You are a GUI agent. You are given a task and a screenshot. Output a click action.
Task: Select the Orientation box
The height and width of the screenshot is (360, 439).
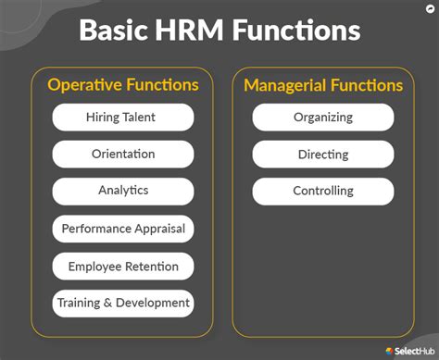point(123,154)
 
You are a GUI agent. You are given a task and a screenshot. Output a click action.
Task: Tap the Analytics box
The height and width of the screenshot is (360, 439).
point(123,191)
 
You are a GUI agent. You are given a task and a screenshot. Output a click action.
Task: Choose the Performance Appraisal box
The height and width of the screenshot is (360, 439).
point(123,229)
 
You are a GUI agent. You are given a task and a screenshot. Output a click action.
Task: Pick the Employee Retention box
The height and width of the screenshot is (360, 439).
point(123,267)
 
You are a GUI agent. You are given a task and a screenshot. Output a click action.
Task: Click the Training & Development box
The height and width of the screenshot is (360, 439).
point(123,303)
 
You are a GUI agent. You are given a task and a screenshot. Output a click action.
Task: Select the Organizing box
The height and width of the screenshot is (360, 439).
point(323,117)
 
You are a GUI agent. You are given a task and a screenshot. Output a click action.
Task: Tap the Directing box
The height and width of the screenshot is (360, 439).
point(323,154)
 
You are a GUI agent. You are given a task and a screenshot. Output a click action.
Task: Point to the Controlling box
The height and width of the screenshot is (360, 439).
point(323,191)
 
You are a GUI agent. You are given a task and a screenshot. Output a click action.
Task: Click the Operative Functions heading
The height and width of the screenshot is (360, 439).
point(123,85)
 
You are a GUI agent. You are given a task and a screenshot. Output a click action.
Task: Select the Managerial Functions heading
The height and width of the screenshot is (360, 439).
point(323,85)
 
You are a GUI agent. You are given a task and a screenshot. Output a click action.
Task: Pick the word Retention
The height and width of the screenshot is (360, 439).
point(151,267)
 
